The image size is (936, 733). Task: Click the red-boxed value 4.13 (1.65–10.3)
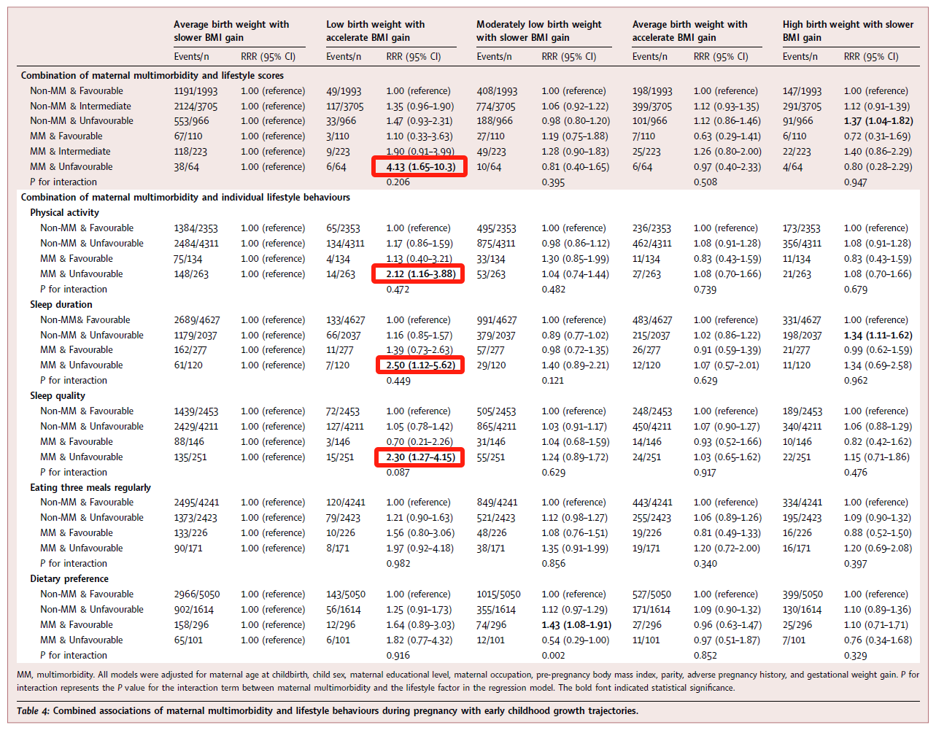[x=420, y=167]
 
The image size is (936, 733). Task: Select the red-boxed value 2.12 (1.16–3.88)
[x=420, y=274]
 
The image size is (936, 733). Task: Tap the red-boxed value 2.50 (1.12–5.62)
[x=420, y=365]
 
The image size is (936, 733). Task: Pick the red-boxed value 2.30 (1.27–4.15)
[x=420, y=457]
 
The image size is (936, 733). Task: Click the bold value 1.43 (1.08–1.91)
[x=576, y=625]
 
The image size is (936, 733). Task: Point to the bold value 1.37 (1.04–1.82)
[x=878, y=121]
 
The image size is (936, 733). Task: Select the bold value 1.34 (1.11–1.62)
[x=878, y=336]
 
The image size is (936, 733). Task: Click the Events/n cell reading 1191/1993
[x=196, y=91]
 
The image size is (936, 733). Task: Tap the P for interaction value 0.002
[x=553, y=656]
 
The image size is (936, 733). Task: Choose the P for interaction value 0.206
[x=398, y=182]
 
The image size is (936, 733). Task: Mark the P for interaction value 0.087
[x=398, y=473]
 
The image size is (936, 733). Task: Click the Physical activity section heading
[x=64, y=213]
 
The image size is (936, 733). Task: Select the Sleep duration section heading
[x=61, y=305]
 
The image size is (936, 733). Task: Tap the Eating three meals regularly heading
[x=90, y=488]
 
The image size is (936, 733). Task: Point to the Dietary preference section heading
[x=70, y=579]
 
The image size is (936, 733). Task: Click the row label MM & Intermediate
[x=70, y=152]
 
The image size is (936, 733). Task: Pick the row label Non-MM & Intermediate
[x=80, y=106]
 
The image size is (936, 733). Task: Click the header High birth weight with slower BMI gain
[x=848, y=31]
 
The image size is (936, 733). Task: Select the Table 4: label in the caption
[x=33, y=711]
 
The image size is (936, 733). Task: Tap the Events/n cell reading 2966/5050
[x=196, y=594]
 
